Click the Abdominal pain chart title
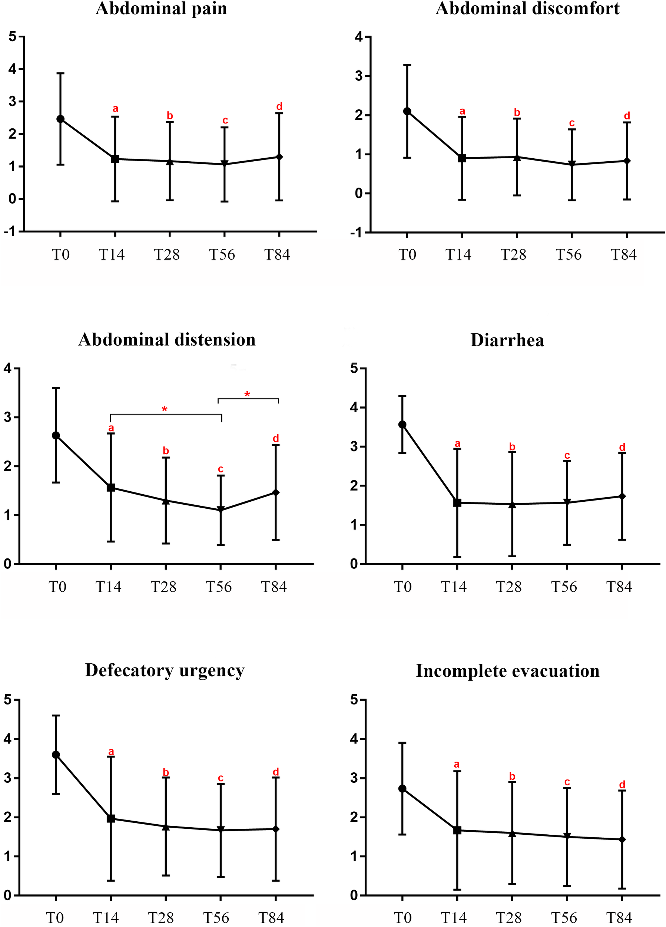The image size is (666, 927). (161, 8)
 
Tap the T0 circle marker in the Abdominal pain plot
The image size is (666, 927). (60, 119)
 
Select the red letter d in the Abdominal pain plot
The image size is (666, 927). (279, 107)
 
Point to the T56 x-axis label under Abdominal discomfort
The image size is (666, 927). (569, 255)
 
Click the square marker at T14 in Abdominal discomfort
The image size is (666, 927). (462, 158)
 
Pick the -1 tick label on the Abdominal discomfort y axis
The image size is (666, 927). (358, 232)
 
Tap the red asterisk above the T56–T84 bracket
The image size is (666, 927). (247, 395)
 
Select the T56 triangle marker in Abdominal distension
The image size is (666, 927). (221, 510)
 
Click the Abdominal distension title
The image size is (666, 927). (167, 340)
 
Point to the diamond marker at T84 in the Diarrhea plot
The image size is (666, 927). (622, 496)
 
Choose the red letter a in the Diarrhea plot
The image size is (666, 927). (457, 444)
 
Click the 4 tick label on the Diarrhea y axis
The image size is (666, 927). (354, 408)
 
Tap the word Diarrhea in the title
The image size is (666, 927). (507, 340)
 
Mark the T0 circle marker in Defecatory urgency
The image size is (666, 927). (56, 755)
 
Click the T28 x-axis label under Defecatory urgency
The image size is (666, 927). (161, 918)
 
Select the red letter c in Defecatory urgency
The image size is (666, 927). (221, 778)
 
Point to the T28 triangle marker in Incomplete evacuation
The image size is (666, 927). (512, 833)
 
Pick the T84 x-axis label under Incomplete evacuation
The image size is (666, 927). (619, 918)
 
